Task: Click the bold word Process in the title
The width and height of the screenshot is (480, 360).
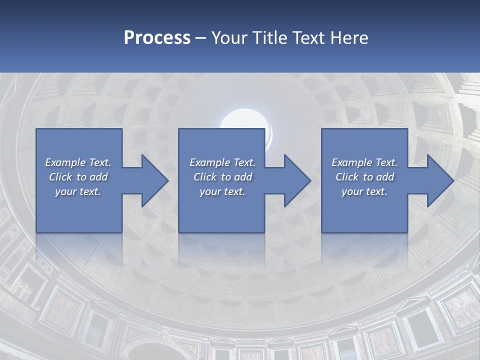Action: click(x=157, y=38)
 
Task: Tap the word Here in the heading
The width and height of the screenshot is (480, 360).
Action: click(x=349, y=38)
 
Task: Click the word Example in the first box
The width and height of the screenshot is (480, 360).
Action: click(x=65, y=162)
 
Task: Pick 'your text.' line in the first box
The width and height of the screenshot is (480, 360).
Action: click(x=78, y=191)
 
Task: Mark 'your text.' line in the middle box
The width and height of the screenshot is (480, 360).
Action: click(x=222, y=191)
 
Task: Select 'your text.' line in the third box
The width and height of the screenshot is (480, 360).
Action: click(x=364, y=191)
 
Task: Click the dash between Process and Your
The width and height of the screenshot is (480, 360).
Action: click(x=200, y=38)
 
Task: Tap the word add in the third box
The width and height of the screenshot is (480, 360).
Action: click(x=384, y=177)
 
